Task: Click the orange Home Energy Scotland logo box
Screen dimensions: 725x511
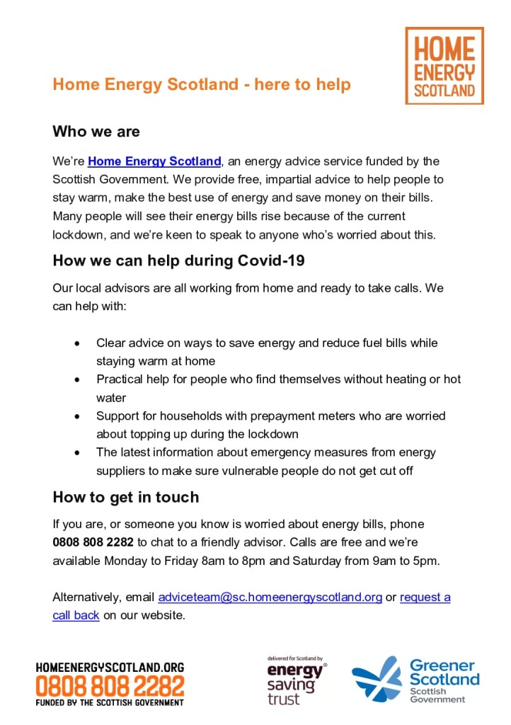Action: pyautogui.click(x=444, y=66)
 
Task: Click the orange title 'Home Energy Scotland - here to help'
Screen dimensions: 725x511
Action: pyautogui.click(x=202, y=85)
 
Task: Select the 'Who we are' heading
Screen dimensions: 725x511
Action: pyautogui.click(x=96, y=132)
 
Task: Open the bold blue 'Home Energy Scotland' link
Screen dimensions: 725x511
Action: pyautogui.click(x=154, y=161)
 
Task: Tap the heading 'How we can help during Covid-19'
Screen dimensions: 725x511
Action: pyautogui.click(x=178, y=261)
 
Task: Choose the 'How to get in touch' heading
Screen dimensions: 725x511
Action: pyautogui.click(x=126, y=497)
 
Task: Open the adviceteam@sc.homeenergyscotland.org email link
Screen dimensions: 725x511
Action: pyautogui.click(x=270, y=597)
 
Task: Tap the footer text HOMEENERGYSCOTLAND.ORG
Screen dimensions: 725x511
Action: pyautogui.click(x=110, y=667)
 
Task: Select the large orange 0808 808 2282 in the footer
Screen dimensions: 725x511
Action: pyautogui.click(x=110, y=685)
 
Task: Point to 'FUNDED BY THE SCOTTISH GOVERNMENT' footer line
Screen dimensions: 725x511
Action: pyautogui.click(x=110, y=702)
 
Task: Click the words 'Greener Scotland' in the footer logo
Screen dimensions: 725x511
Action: pyautogui.click(x=444, y=673)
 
